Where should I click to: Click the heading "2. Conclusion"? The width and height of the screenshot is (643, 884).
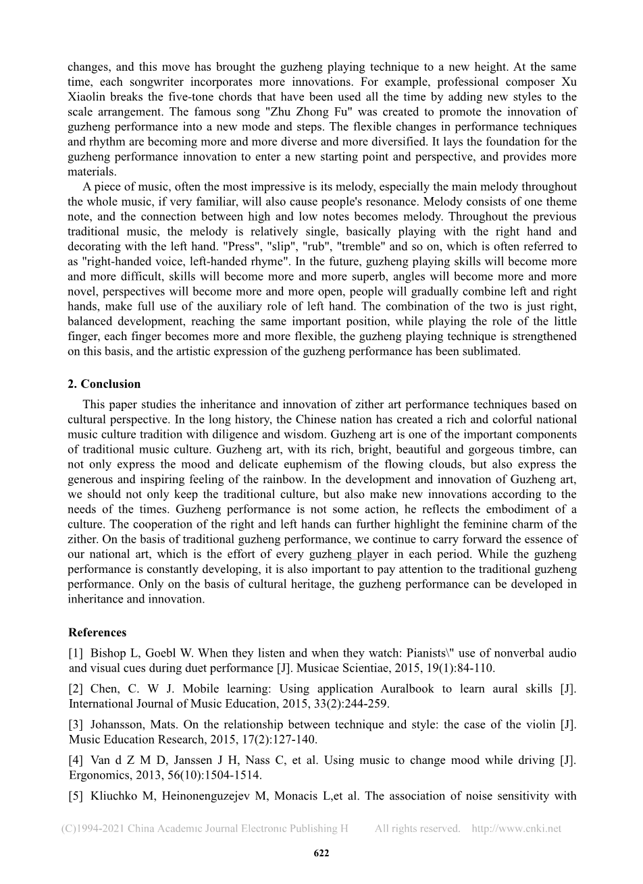pyautogui.click(x=104, y=384)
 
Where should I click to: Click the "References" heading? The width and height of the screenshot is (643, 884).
pyautogui.click(x=97, y=632)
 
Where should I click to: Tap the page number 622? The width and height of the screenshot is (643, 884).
pyautogui.click(x=321, y=853)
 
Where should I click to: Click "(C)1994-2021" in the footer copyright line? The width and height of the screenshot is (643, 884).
pyautogui.click(x=93, y=829)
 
